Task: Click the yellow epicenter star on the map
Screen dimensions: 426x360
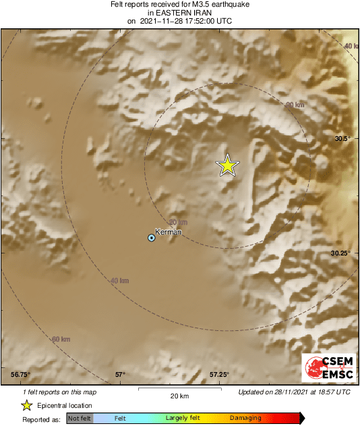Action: [x=228, y=165]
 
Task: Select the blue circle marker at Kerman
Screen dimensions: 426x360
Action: [x=152, y=237]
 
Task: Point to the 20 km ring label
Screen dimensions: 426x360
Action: [x=178, y=222]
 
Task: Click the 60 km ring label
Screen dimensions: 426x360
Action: [x=61, y=338]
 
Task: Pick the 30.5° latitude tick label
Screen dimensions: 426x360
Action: [x=343, y=138]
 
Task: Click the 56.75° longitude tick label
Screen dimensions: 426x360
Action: [x=21, y=374]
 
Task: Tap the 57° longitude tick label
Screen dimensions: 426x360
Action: [x=120, y=374]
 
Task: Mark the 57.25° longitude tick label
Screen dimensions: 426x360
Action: [x=219, y=374]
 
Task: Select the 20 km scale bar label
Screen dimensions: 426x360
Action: [x=179, y=396]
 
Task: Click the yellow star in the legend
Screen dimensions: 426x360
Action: [x=26, y=405]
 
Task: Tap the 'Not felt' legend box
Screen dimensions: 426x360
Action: [x=80, y=419]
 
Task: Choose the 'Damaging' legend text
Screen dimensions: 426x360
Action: [x=245, y=419]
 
